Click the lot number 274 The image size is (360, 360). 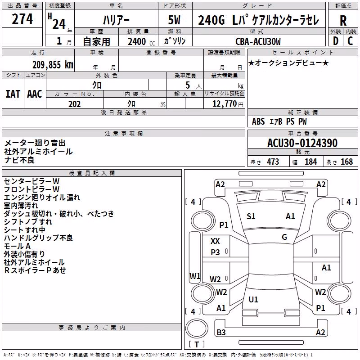pyautogui.click(x=22, y=19)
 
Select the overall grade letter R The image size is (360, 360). pyautogui.click(x=343, y=21)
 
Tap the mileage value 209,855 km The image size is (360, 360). pyautogui.click(x=53, y=65)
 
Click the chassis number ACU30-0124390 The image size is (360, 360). pyautogui.click(x=302, y=143)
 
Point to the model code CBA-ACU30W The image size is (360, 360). pyautogui.click(x=258, y=41)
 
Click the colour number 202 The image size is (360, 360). pyautogui.click(x=74, y=104)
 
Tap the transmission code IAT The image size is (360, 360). pyautogui.click(x=13, y=94)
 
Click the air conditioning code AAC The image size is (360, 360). pyautogui.click(x=35, y=94)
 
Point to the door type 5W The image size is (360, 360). pyautogui.click(x=174, y=20)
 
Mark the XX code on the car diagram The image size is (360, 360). pyautogui.click(x=215, y=241)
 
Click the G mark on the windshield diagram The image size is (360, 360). pyautogui.click(x=284, y=237)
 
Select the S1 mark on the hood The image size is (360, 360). pyautogui.click(x=251, y=216)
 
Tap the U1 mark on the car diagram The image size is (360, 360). pyautogui.click(x=253, y=299)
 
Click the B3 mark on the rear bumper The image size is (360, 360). pyautogui.click(x=221, y=332)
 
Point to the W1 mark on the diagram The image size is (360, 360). pyautogui.click(x=195, y=276)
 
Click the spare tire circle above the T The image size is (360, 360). pyautogui.click(x=197, y=328)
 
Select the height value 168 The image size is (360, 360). pyautogui.click(x=346, y=162)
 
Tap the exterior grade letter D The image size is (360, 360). pyautogui.click(x=336, y=41)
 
